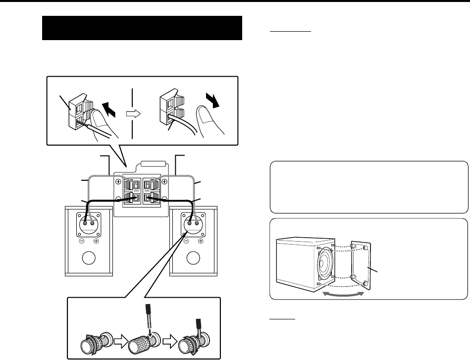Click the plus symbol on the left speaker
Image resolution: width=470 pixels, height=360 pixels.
96,241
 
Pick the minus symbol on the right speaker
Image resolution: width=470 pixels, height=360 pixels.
186,241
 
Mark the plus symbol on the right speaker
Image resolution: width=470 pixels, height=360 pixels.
201,241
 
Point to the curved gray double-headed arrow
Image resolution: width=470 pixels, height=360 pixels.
343,294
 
